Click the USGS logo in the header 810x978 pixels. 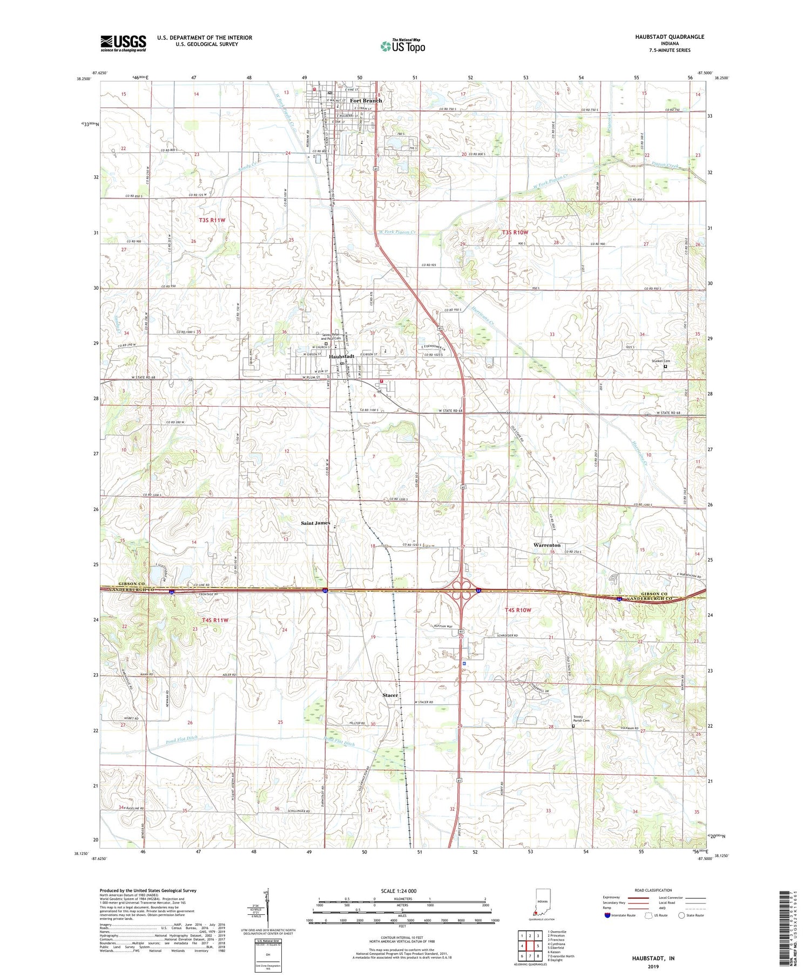click(x=123, y=43)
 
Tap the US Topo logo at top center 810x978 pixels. click(x=403, y=46)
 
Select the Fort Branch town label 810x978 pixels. click(x=366, y=101)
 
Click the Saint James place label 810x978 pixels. click(x=315, y=523)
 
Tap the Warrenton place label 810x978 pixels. click(x=547, y=545)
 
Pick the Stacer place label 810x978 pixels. click(x=390, y=695)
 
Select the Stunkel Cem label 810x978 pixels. click(x=660, y=361)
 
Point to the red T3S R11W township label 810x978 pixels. click(x=212, y=220)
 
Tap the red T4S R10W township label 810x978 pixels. click(x=518, y=610)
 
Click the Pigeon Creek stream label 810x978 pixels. click(x=664, y=165)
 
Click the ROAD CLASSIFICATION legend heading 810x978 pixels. click(x=653, y=891)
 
